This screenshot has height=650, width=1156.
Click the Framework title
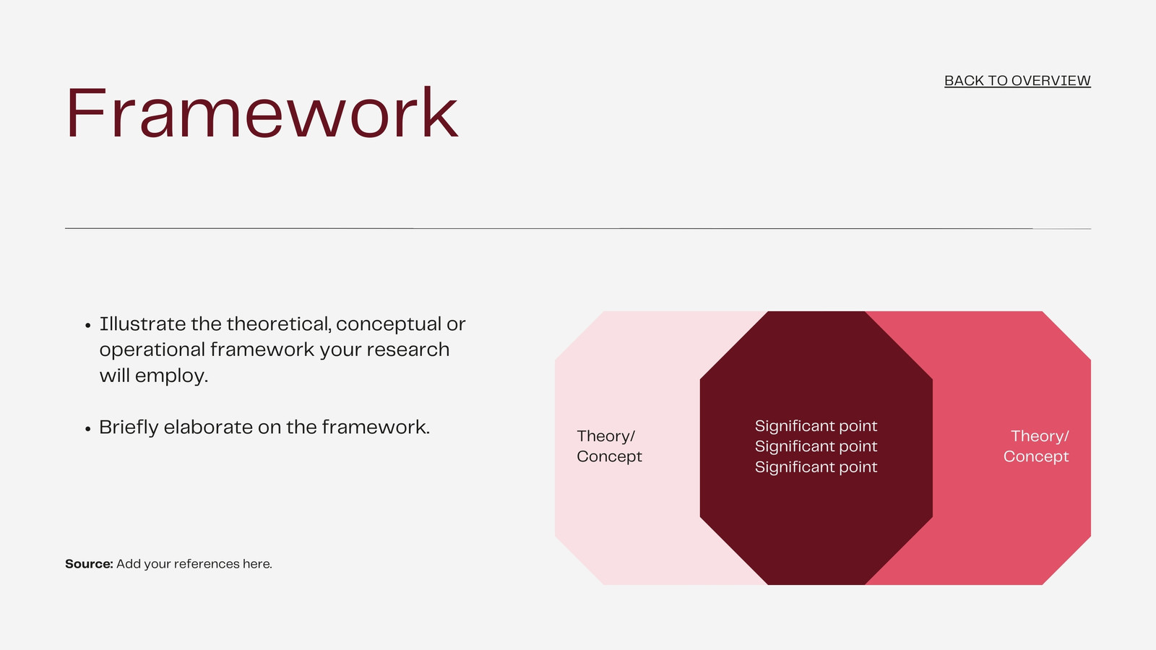(262, 113)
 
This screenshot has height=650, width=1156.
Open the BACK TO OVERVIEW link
(1017, 81)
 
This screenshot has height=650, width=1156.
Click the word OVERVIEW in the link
(1051, 81)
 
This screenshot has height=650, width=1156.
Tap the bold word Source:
(89, 564)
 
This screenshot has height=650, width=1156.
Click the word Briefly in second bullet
(129, 427)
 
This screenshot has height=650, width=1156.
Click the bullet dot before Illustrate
(87, 326)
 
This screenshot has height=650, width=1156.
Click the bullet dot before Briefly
(87, 429)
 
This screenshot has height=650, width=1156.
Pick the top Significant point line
(816, 426)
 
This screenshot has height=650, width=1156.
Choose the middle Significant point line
(816, 447)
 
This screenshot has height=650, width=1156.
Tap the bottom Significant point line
(816, 467)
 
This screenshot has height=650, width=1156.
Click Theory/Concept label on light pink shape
(610, 446)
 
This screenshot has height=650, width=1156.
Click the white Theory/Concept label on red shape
(1036, 446)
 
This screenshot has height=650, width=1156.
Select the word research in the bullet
(407, 350)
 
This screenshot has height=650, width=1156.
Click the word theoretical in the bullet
(279, 324)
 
